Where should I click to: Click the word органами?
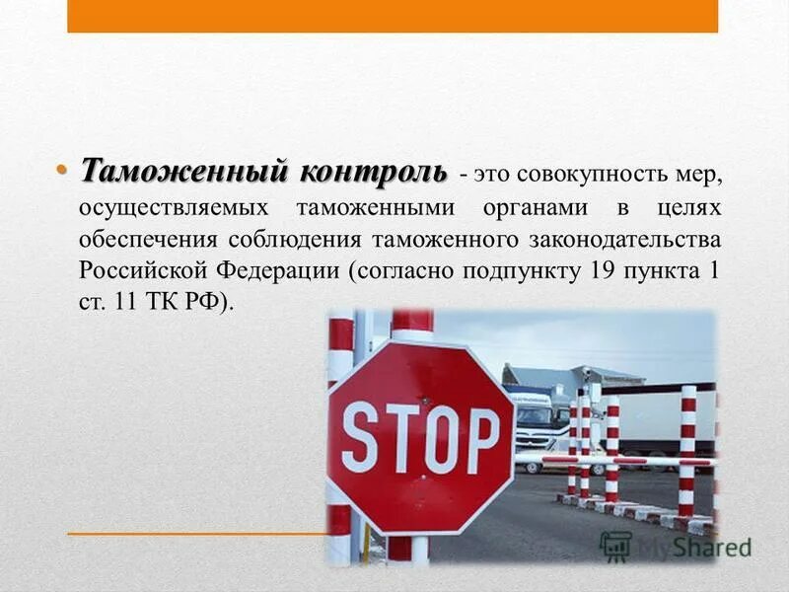click(533, 208)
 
